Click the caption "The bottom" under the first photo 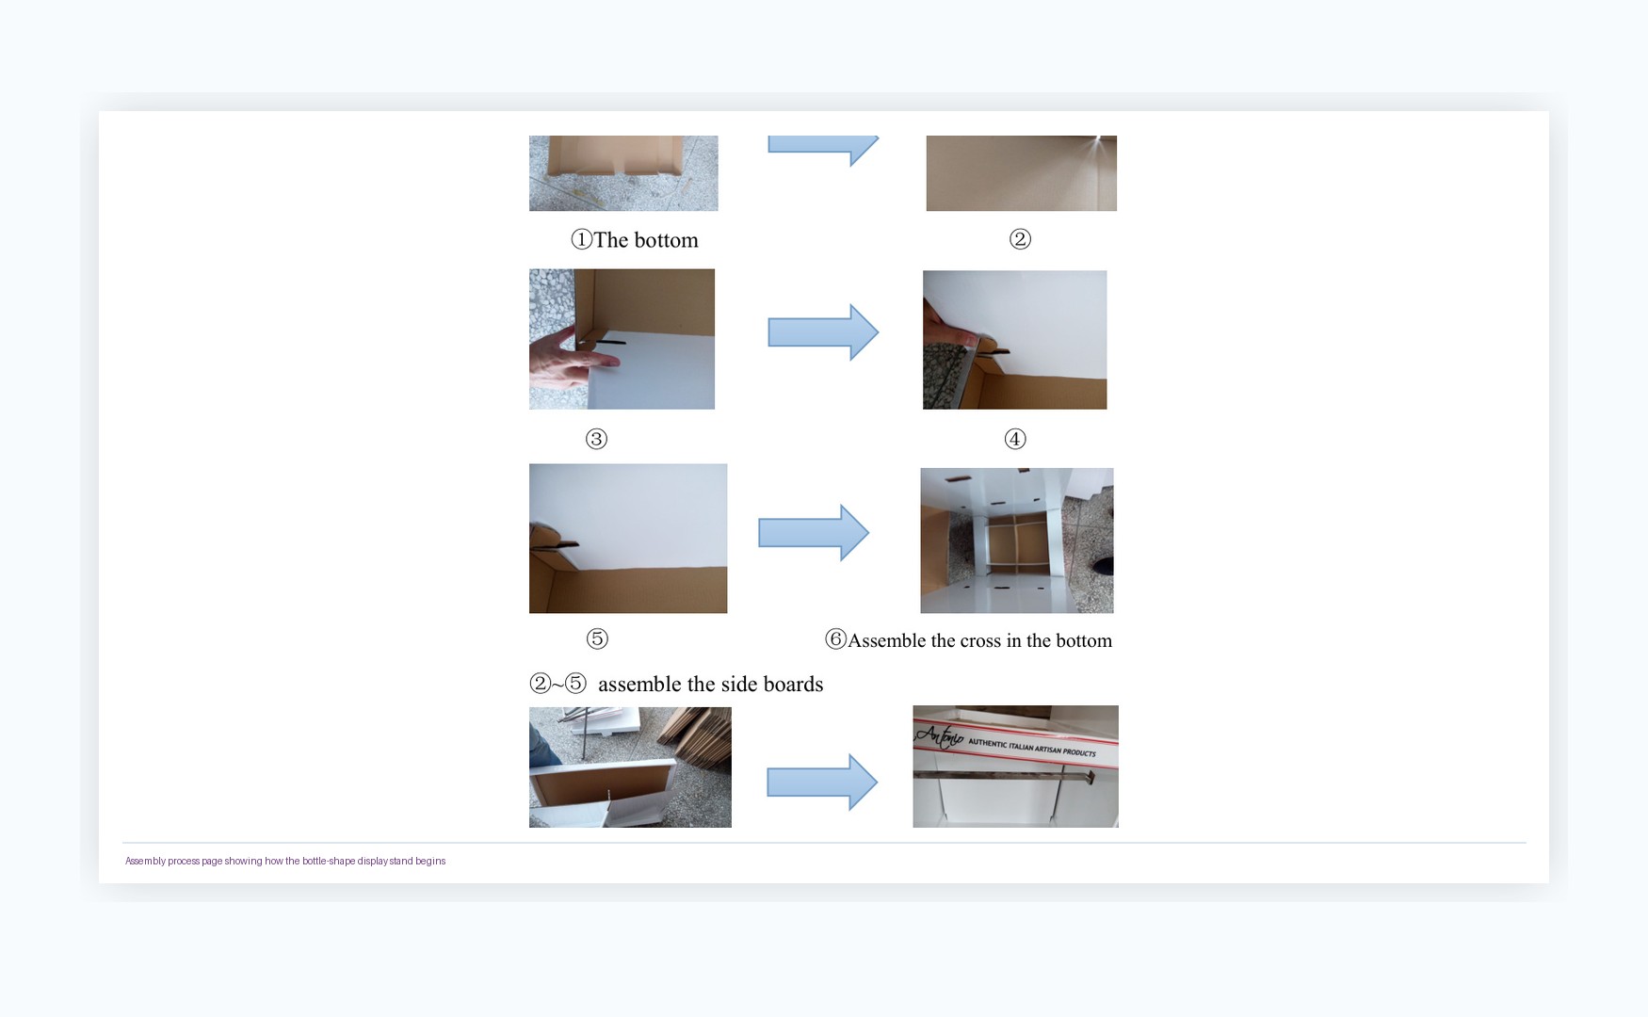click(x=646, y=240)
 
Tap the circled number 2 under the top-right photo click(x=1020, y=239)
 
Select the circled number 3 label click(x=596, y=439)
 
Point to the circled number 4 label click(x=1015, y=439)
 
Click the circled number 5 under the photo click(x=597, y=638)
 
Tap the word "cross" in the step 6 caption click(x=980, y=640)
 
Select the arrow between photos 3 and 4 click(x=823, y=331)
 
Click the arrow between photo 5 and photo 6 click(x=814, y=533)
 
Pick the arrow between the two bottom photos click(x=822, y=782)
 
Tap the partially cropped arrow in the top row click(x=823, y=149)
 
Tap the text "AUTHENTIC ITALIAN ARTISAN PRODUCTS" click(x=1032, y=748)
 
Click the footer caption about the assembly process click(x=285, y=861)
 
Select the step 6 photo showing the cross click(x=1017, y=541)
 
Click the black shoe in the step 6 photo click(x=1105, y=566)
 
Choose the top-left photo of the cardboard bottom click(x=623, y=173)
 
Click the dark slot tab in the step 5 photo click(x=554, y=543)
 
